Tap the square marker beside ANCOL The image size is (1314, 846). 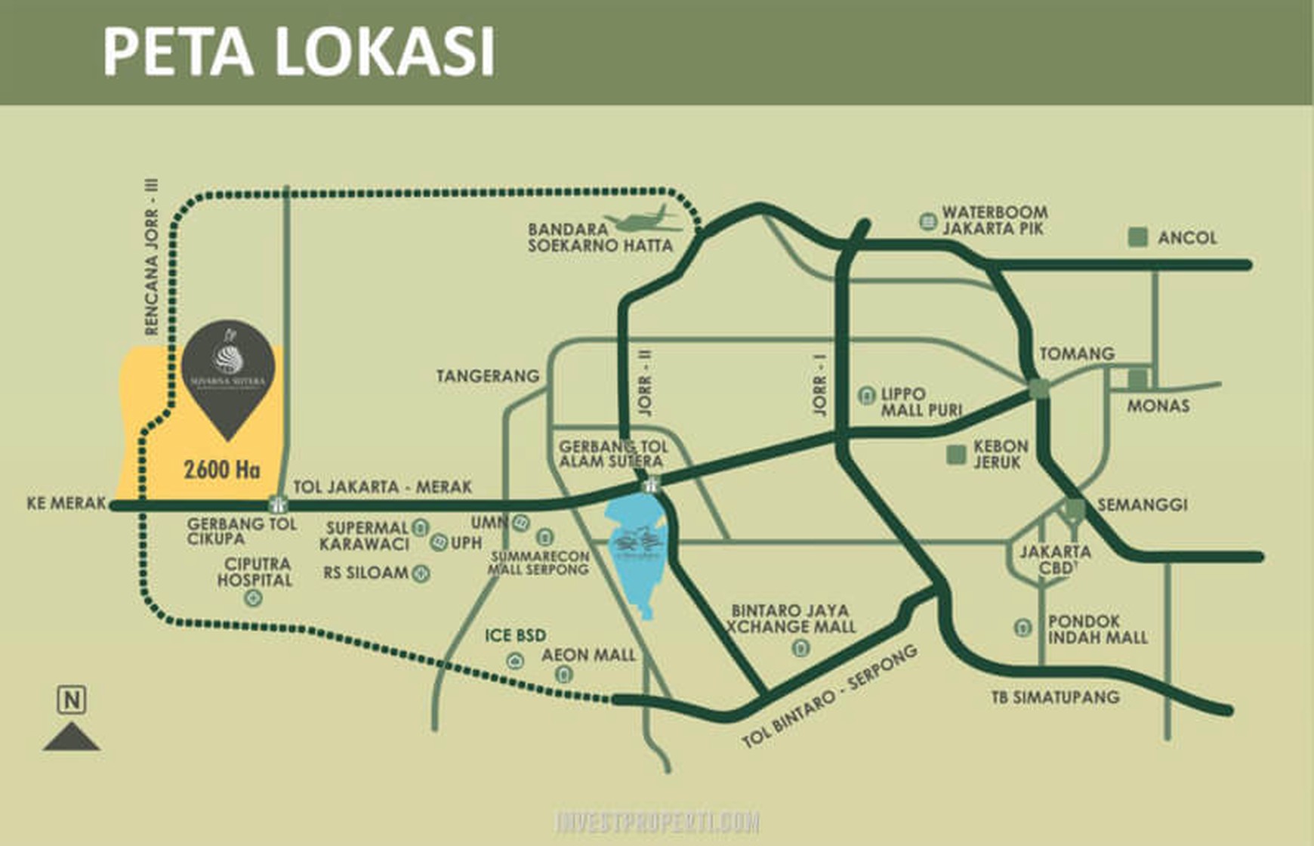pos(1138,237)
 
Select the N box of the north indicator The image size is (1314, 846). pos(72,700)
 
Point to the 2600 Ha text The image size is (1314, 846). pos(221,470)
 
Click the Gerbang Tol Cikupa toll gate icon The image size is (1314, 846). pos(279,504)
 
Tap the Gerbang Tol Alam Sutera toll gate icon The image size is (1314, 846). pos(649,484)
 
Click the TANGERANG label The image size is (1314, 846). pos(488,375)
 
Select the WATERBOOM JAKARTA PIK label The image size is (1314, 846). pos(994,221)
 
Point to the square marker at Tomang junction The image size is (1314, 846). pos(1039,389)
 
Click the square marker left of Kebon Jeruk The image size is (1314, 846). pos(956,455)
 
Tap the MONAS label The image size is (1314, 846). pos(1158,406)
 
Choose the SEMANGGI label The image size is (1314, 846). pos(1142,505)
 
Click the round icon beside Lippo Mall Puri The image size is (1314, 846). pos(866,395)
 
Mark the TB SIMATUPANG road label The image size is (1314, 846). pos(1055,697)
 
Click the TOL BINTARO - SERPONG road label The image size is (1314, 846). pos(829,696)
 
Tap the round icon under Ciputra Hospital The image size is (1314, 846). pos(253,599)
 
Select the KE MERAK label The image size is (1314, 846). pos(66,503)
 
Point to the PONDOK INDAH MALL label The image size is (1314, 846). pos(1097,629)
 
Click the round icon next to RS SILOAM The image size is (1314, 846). pos(421,574)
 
